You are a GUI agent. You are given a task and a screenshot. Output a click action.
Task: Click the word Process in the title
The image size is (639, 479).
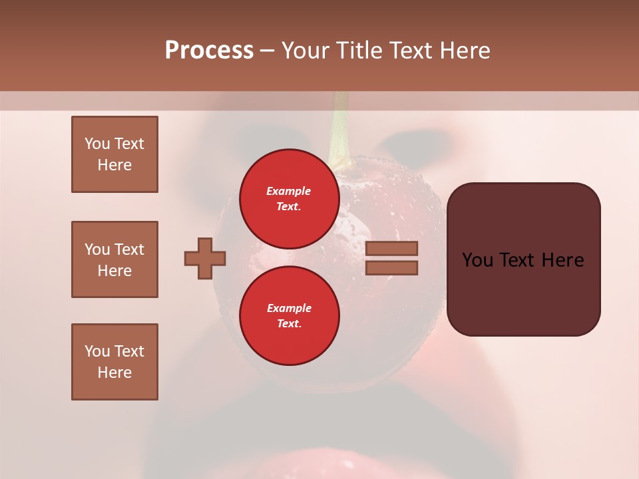tap(209, 51)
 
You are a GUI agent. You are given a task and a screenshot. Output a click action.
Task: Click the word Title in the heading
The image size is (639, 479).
tap(359, 51)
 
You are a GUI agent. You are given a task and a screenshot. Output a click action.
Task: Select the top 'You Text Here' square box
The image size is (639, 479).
tap(114, 154)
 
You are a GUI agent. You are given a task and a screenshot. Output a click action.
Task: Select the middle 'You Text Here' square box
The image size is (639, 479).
tap(114, 259)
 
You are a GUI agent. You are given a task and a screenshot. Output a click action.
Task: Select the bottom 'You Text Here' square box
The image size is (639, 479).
tap(114, 362)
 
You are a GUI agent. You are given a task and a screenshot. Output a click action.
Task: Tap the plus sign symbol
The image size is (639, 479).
tap(205, 258)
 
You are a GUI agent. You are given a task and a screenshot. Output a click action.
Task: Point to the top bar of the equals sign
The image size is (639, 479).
tap(391, 248)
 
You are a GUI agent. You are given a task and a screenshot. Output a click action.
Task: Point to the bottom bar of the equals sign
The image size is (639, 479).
tap(391, 267)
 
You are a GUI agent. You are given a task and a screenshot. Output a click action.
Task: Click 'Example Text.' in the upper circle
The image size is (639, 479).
tap(289, 198)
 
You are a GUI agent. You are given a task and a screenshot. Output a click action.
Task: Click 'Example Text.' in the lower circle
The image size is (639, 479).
tap(289, 316)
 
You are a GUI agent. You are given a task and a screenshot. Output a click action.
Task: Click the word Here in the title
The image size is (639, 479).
tap(464, 51)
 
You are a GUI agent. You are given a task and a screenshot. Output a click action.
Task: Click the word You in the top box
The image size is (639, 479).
tap(97, 144)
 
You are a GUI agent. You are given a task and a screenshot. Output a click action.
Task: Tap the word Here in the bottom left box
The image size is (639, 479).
tap(114, 373)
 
